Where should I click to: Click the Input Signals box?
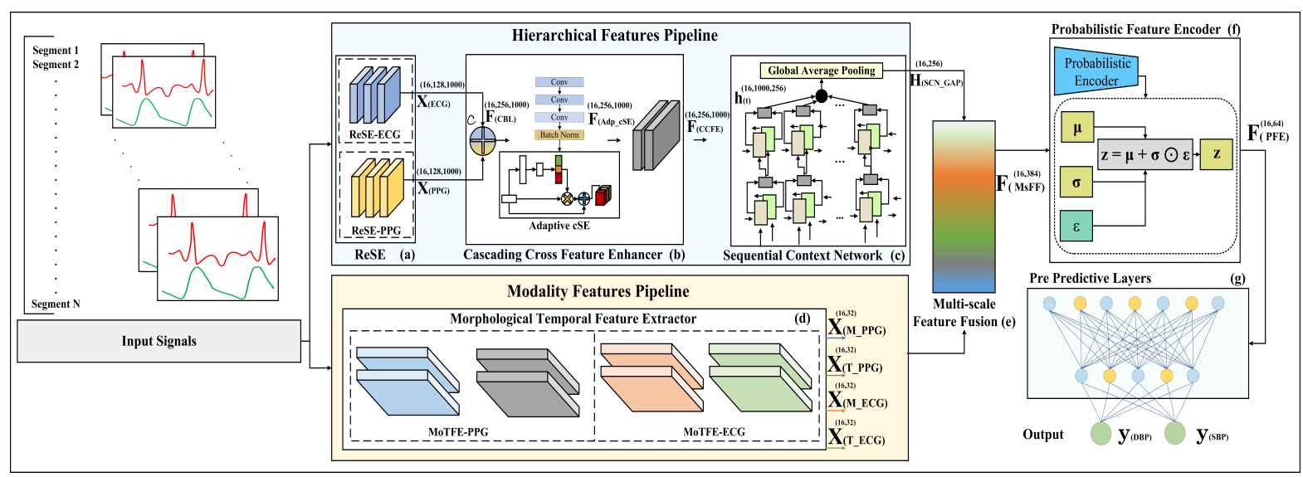point(159,341)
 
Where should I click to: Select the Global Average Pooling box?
point(821,71)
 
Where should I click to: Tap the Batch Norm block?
point(559,134)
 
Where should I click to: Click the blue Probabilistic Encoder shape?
point(1096,72)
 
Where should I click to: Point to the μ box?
point(1076,128)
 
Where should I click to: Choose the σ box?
point(1076,183)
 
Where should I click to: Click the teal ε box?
point(1076,226)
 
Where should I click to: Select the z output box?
point(1216,153)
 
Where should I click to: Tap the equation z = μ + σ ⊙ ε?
point(1144,154)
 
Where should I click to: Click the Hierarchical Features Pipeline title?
point(614,35)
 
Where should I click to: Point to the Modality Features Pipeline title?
point(598,291)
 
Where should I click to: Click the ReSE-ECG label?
point(374,134)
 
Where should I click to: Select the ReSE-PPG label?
point(375,231)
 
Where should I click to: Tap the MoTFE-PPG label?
point(458,431)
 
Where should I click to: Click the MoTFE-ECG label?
point(714,431)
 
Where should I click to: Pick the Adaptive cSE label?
point(559,226)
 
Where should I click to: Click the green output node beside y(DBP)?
point(1100,433)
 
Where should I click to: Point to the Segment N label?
point(56,304)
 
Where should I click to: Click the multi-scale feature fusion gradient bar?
point(964,207)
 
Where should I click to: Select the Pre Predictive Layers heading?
point(1090,279)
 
